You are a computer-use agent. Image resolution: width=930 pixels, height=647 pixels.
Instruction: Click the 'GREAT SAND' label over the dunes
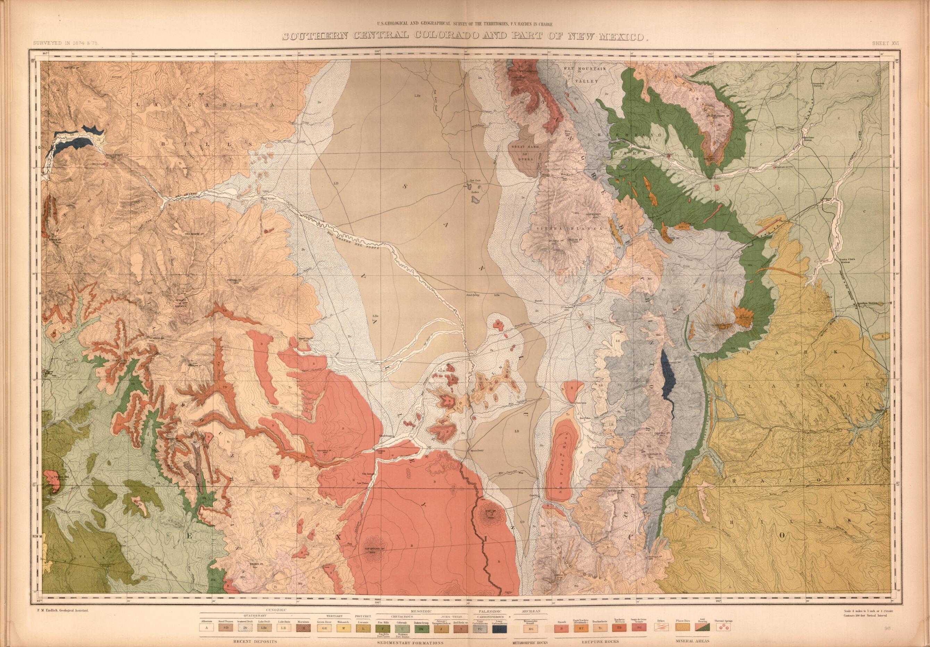point(525,146)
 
